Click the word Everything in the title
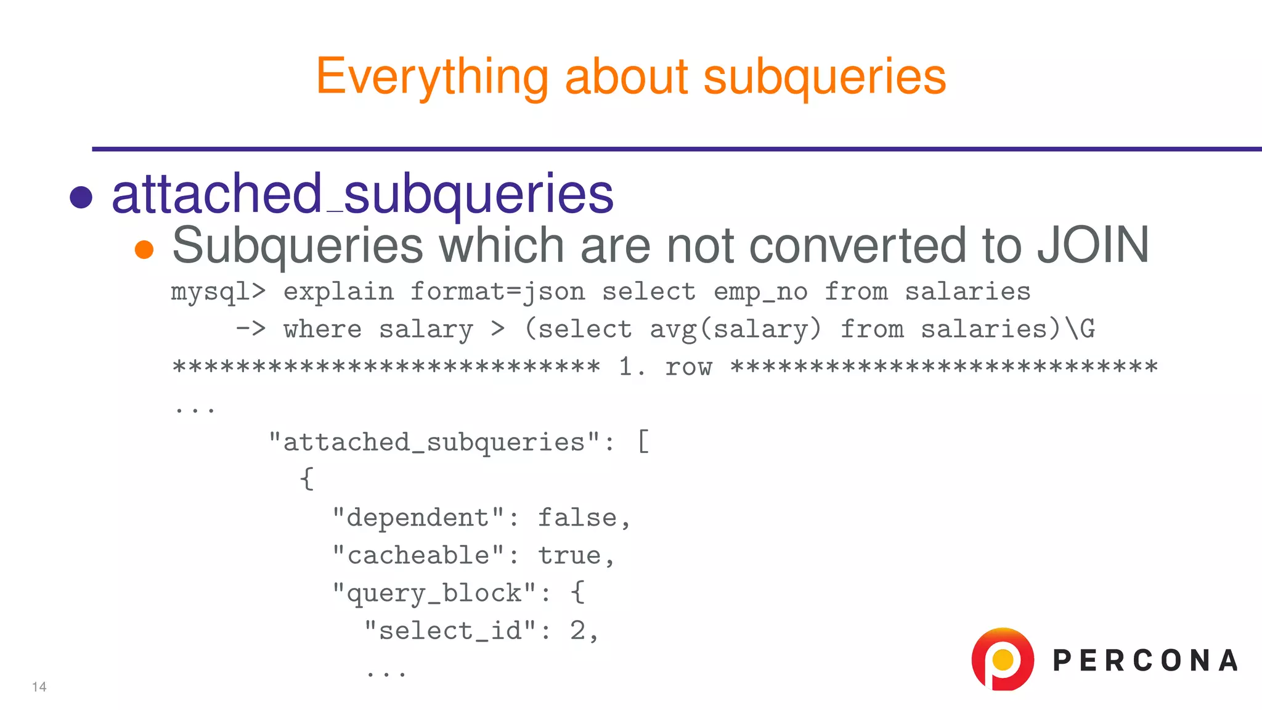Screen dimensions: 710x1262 coord(431,77)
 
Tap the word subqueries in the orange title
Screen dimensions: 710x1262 coord(824,77)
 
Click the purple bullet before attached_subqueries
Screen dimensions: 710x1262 coord(81,197)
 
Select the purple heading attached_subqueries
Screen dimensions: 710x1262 coord(362,194)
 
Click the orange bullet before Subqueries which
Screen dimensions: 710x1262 coord(144,249)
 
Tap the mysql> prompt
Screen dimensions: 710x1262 coord(218,292)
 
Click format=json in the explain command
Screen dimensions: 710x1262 coord(497,292)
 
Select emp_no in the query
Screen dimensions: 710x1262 coord(760,292)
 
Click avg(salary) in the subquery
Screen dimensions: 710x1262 coord(736,329)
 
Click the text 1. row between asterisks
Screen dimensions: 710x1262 coord(666,367)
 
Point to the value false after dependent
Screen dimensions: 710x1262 coord(577,518)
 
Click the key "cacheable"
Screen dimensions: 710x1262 coord(418,555)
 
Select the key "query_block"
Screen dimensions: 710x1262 coord(434,593)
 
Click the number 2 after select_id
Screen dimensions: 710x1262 coord(577,630)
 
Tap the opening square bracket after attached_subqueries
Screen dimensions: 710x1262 coord(643,442)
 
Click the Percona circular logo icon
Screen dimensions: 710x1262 coord(1003,659)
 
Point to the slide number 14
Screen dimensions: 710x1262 coord(39,687)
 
